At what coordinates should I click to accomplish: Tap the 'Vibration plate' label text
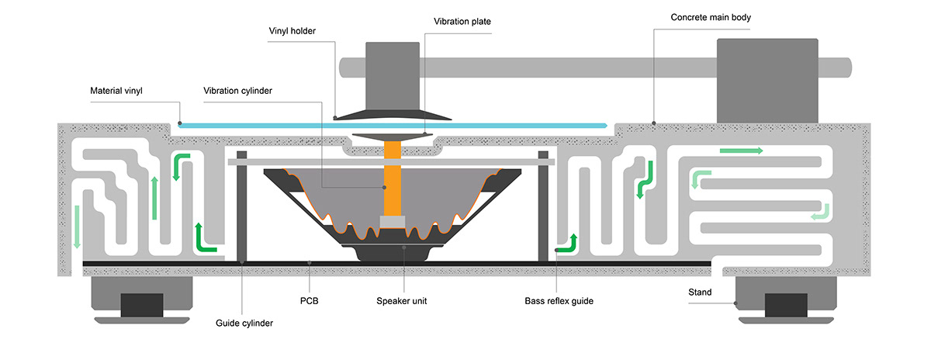(x=463, y=21)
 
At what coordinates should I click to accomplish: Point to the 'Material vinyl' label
(x=116, y=91)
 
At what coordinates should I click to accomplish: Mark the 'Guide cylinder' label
(x=244, y=323)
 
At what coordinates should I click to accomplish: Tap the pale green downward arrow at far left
(x=77, y=225)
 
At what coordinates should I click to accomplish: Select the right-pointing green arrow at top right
(x=741, y=150)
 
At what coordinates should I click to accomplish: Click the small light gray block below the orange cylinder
(x=393, y=222)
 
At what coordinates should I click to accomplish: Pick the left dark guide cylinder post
(x=241, y=206)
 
